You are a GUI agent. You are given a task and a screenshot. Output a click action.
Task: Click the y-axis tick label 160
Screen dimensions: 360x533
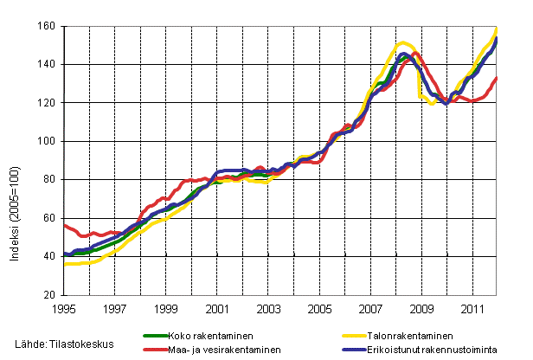tap(48, 27)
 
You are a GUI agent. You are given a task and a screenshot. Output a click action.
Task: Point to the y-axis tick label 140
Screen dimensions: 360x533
tap(48, 65)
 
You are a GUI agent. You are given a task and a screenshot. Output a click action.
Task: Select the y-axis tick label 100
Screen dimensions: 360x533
tap(48, 141)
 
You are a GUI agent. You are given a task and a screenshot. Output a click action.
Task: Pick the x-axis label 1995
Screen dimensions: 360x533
tap(64, 308)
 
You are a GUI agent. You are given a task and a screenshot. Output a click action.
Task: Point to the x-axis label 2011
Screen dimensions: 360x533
tap(472, 308)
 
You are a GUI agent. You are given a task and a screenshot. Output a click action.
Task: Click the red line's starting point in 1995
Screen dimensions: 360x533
tap(66, 225)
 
